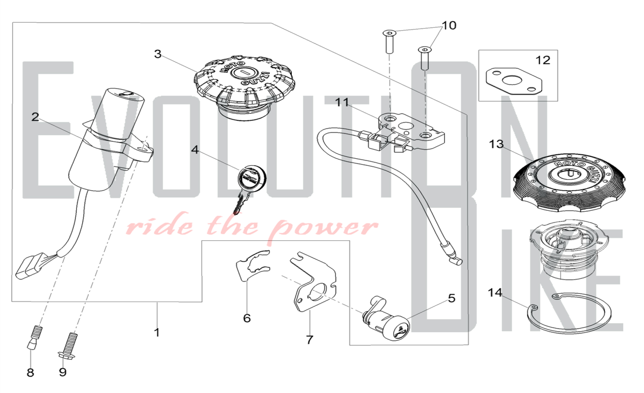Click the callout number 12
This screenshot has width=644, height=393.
pyautogui.click(x=543, y=60)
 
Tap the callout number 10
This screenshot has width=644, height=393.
pyautogui.click(x=449, y=25)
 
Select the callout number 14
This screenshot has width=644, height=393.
pyautogui.click(x=495, y=292)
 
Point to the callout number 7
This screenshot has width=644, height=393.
pyautogui.click(x=309, y=340)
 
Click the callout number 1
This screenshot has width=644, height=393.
pyautogui.click(x=157, y=332)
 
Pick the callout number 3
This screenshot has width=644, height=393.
pyautogui.click(x=157, y=54)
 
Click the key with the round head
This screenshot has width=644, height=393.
pyautogui.click(x=250, y=188)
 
